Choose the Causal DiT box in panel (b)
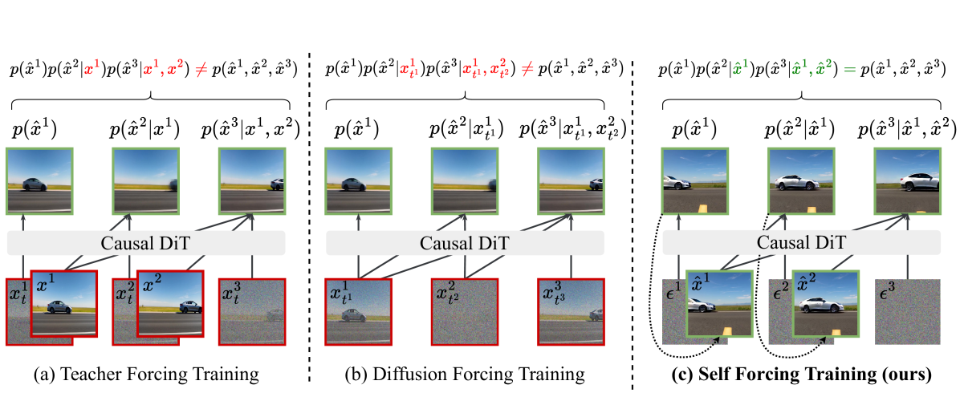point(466,243)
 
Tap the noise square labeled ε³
point(905,311)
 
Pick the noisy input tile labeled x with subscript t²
point(464,312)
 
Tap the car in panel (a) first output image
point(37,183)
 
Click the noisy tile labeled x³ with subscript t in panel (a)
point(252,312)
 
